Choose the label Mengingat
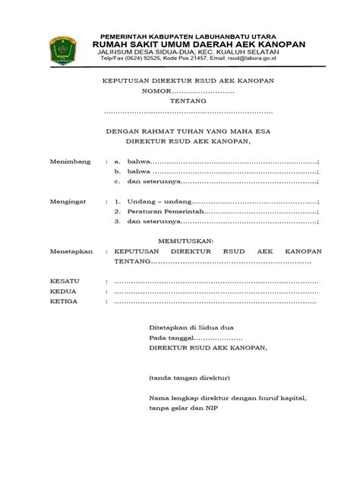[x=69, y=203]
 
